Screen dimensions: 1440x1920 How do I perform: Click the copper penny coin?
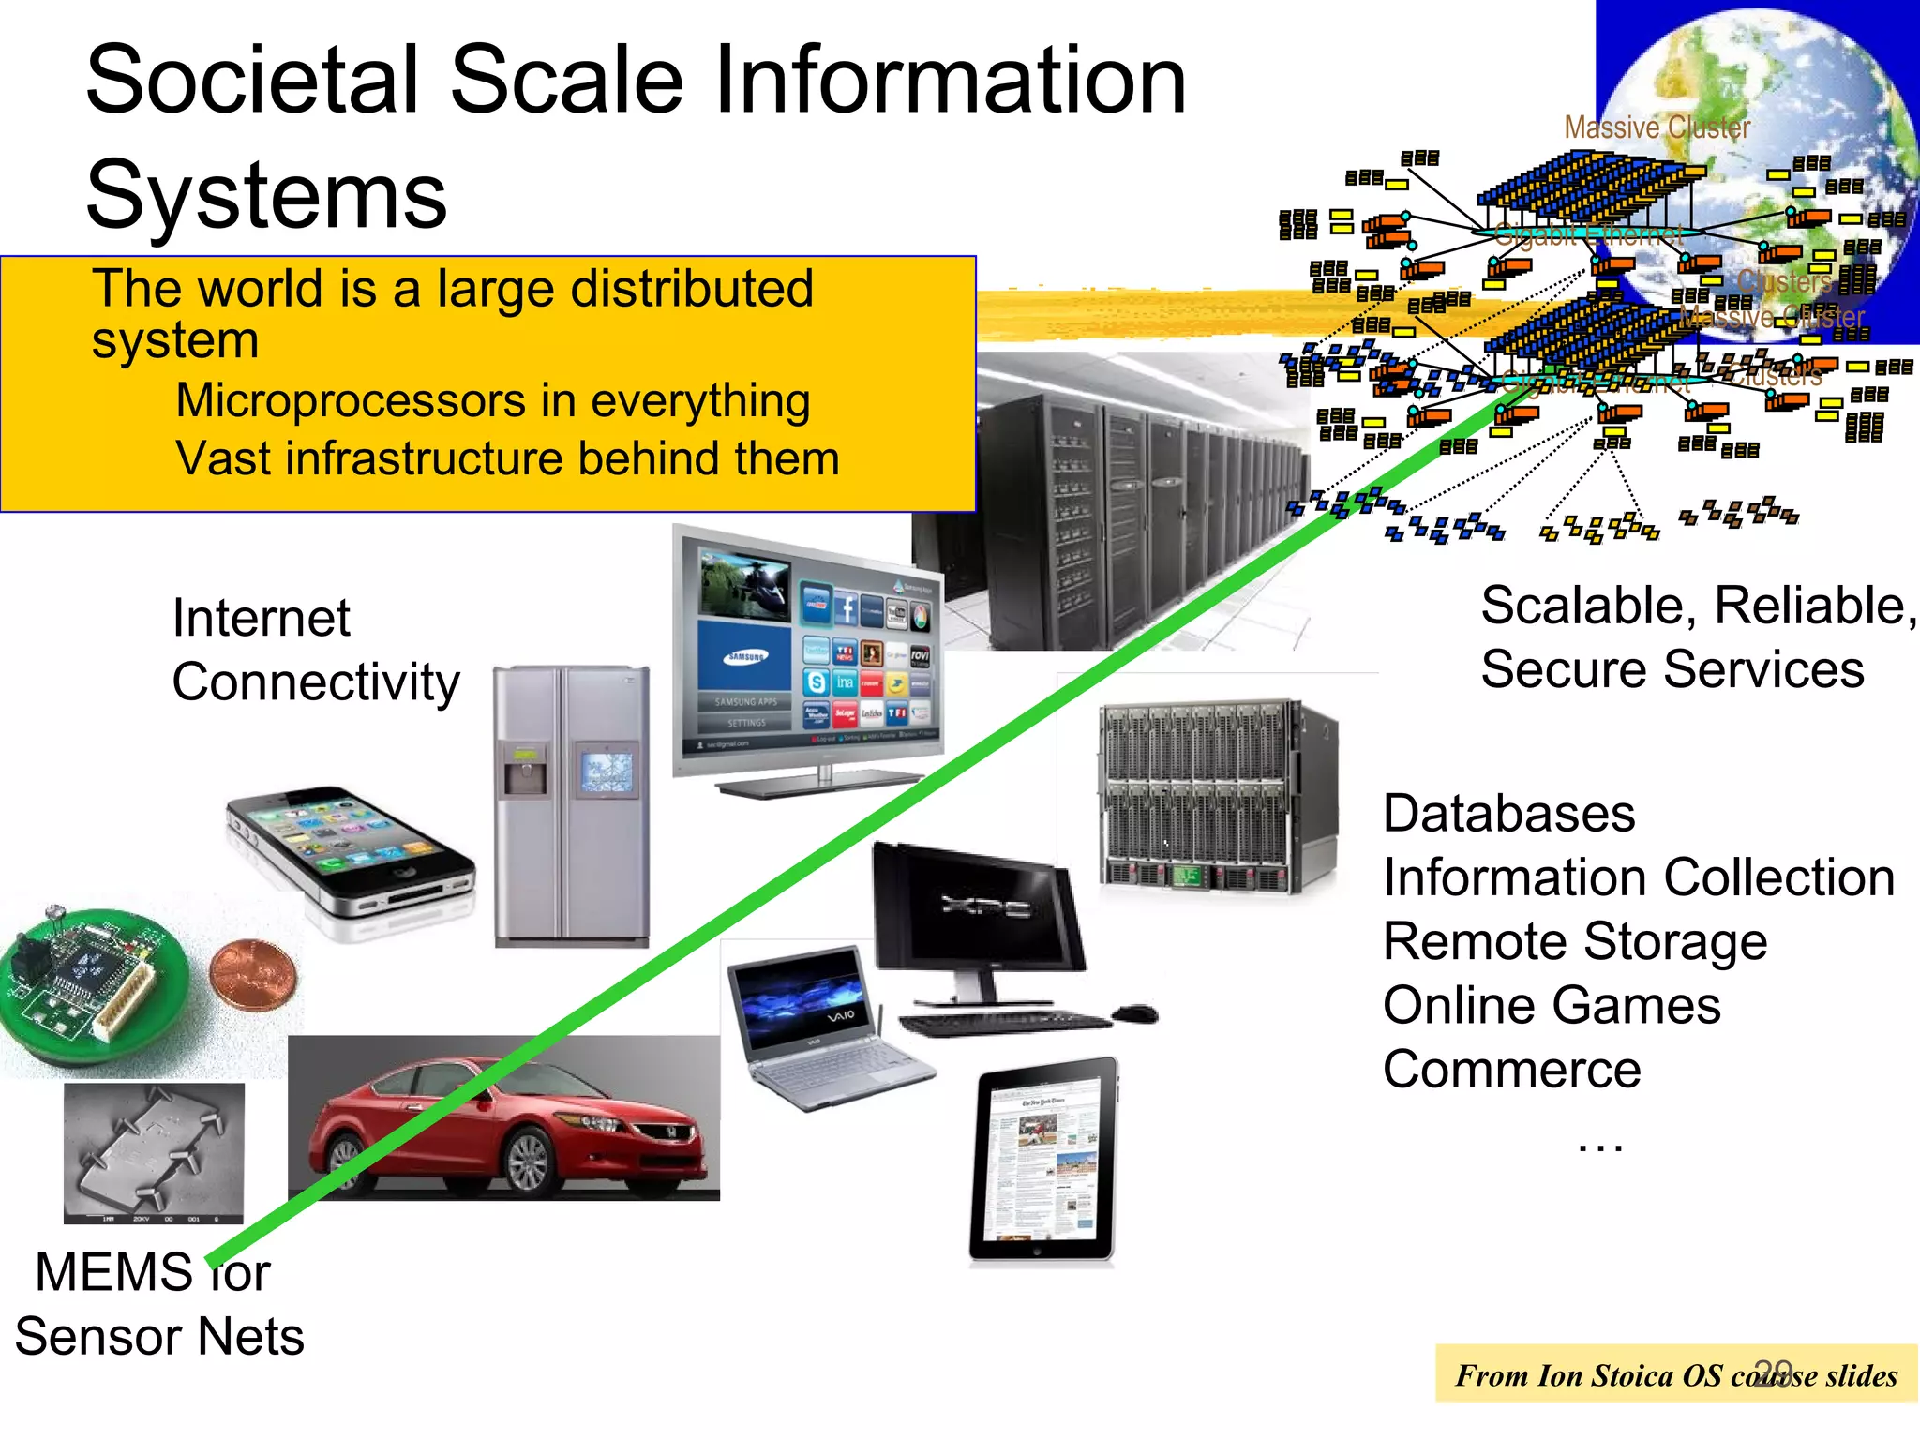coord(253,975)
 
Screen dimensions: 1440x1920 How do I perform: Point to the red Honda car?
coord(506,1125)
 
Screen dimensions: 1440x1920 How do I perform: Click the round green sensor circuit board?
coord(84,984)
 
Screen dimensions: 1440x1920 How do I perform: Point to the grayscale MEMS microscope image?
coord(154,1153)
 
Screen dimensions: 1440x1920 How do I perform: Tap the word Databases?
coord(1508,814)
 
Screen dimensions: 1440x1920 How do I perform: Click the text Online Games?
coord(1552,1006)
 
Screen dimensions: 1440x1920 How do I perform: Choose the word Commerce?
coord(1511,1070)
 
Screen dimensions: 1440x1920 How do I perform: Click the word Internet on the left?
coord(261,619)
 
